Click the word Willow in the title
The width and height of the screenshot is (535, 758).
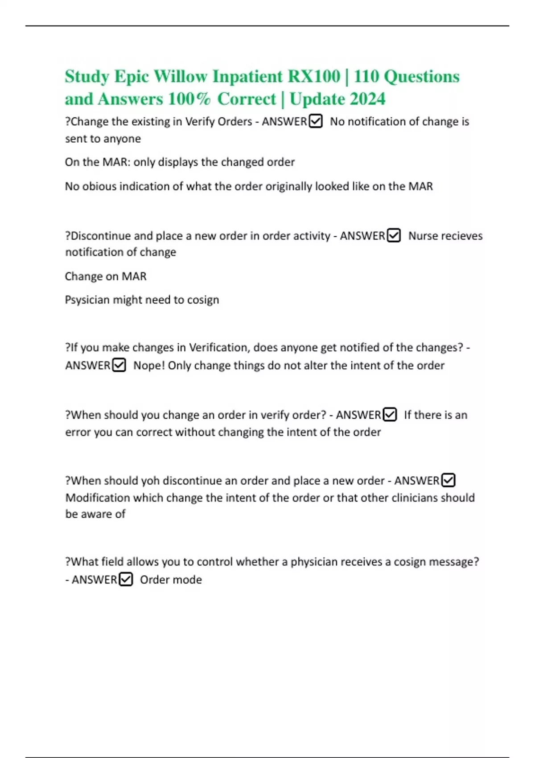pos(180,76)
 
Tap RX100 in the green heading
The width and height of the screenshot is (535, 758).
pos(314,76)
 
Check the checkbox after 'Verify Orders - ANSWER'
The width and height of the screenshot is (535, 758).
pos(316,121)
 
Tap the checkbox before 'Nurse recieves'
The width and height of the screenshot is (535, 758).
pos(394,235)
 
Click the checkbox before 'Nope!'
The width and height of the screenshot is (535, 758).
pos(119,365)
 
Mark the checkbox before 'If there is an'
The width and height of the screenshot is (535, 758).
pos(390,415)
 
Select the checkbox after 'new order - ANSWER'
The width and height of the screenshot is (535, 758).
pos(448,480)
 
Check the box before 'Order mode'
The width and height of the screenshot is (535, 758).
pos(126,579)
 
